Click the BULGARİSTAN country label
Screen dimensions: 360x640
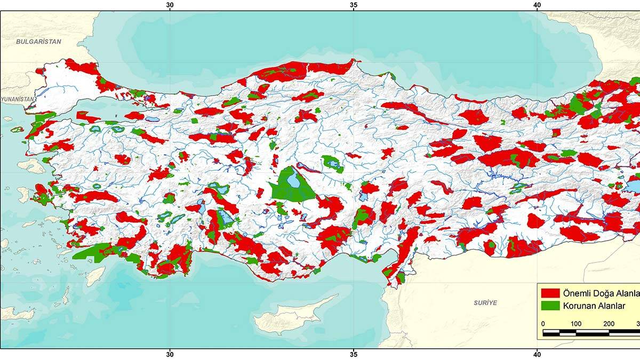pyautogui.click(x=38, y=41)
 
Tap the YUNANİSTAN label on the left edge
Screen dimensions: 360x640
pyautogui.click(x=18, y=99)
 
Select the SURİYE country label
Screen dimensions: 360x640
pyautogui.click(x=485, y=302)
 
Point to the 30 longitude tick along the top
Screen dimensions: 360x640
pyautogui.click(x=170, y=5)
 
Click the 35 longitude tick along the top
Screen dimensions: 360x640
pyautogui.click(x=354, y=5)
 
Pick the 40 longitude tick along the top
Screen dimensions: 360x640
pyautogui.click(x=537, y=5)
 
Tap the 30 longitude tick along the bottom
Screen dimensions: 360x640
pyautogui.click(x=170, y=354)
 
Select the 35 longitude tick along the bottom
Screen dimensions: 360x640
pyautogui.click(x=354, y=354)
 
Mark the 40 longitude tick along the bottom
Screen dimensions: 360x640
pyautogui.click(x=537, y=354)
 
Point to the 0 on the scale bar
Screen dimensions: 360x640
pyautogui.click(x=543, y=324)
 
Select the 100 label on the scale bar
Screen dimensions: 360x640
pyautogui.click(x=576, y=324)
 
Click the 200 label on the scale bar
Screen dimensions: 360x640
pyautogui.click(x=609, y=324)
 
